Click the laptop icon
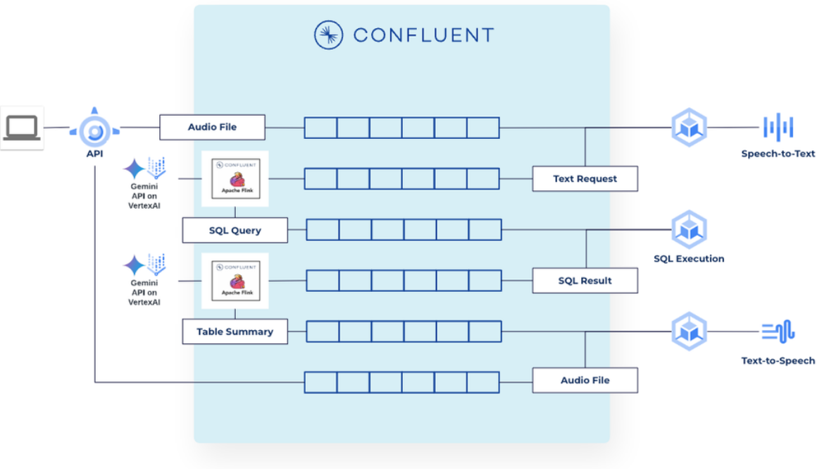22,128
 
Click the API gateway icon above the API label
94,129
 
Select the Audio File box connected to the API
212,127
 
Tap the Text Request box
585,178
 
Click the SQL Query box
235,230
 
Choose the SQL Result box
585,281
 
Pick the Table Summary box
235,331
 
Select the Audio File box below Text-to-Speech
585,380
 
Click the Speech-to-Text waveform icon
778,128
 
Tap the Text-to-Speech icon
778,330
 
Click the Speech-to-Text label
778,154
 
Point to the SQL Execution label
688,259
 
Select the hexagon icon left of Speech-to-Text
688,128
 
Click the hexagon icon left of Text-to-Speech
688,331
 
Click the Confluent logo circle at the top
328,35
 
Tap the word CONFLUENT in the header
423,35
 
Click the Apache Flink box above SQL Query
235,178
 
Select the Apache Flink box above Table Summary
235,280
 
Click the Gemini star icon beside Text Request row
133,169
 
